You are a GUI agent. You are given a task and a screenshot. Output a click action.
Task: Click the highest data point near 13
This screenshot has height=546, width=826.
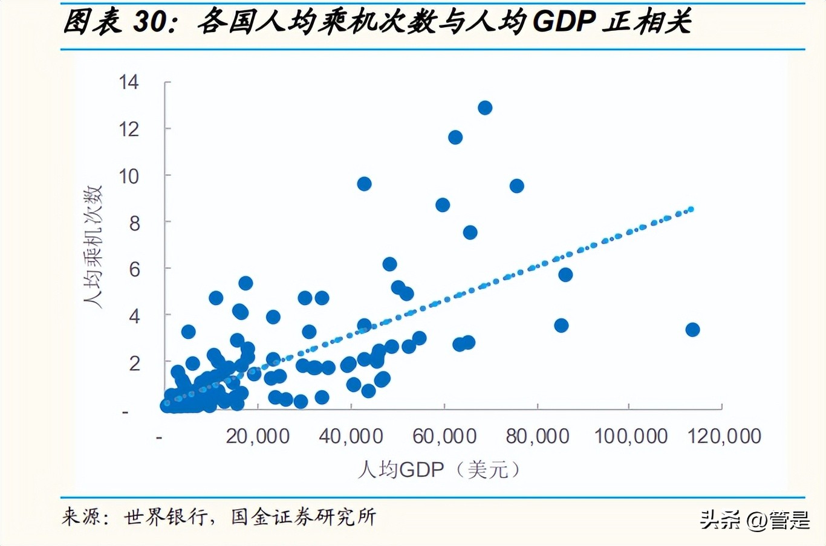click(x=485, y=108)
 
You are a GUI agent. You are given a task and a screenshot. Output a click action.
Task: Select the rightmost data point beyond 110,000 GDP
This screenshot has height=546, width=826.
click(x=693, y=330)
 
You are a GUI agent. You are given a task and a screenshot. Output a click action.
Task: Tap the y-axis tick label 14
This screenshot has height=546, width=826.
click(x=129, y=82)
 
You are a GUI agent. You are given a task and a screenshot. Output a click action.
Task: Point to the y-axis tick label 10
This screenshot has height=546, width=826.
click(x=129, y=176)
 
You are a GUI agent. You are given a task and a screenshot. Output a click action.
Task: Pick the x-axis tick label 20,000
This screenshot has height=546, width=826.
click(x=258, y=436)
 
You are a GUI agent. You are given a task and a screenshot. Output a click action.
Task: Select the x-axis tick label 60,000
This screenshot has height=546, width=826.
click(x=444, y=436)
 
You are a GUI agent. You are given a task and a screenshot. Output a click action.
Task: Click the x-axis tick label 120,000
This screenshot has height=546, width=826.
click(x=724, y=436)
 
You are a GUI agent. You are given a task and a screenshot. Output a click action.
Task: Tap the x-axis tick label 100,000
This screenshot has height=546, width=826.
click(x=631, y=436)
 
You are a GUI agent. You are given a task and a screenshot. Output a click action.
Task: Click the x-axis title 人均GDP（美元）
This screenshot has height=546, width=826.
click(x=439, y=469)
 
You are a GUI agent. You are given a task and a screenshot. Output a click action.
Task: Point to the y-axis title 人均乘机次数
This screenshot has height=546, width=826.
click(x=93, y=246)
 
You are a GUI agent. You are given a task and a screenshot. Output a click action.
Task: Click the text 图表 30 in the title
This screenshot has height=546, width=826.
click(x=115, y=22)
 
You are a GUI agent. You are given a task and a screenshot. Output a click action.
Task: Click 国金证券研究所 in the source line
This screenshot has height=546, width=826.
click(x=304, y=517)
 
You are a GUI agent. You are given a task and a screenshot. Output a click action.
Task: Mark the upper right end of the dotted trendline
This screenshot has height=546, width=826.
click(x=691, y=209)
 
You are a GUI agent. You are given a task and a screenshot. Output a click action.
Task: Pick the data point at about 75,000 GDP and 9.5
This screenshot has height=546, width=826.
click(x=516, y=186)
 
